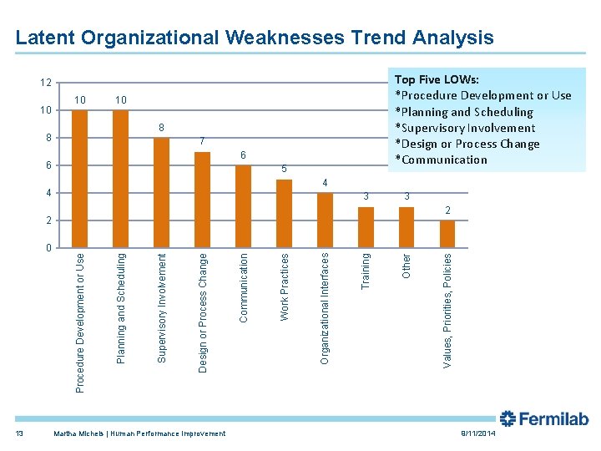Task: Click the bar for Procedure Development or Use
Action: coord(79,179)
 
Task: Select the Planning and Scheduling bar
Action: coord(120,179)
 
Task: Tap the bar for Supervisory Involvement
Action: coord(161,193)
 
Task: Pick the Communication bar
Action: coord(243,206)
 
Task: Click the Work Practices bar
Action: coord(284,214)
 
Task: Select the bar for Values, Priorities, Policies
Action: coord(447,234)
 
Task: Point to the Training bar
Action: coord(366,227)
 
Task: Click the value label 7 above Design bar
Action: coord(202,141)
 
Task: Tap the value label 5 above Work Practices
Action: coord(284,170)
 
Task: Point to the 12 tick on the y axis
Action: coord(46,83)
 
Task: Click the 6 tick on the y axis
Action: coord(48,165)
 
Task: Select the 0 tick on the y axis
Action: coord(48,248)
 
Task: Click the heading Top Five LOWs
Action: coord(437,79)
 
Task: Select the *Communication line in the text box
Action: coord(441,160)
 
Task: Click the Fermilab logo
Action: coord(543,419)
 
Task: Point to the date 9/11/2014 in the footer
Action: coord(477,434)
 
